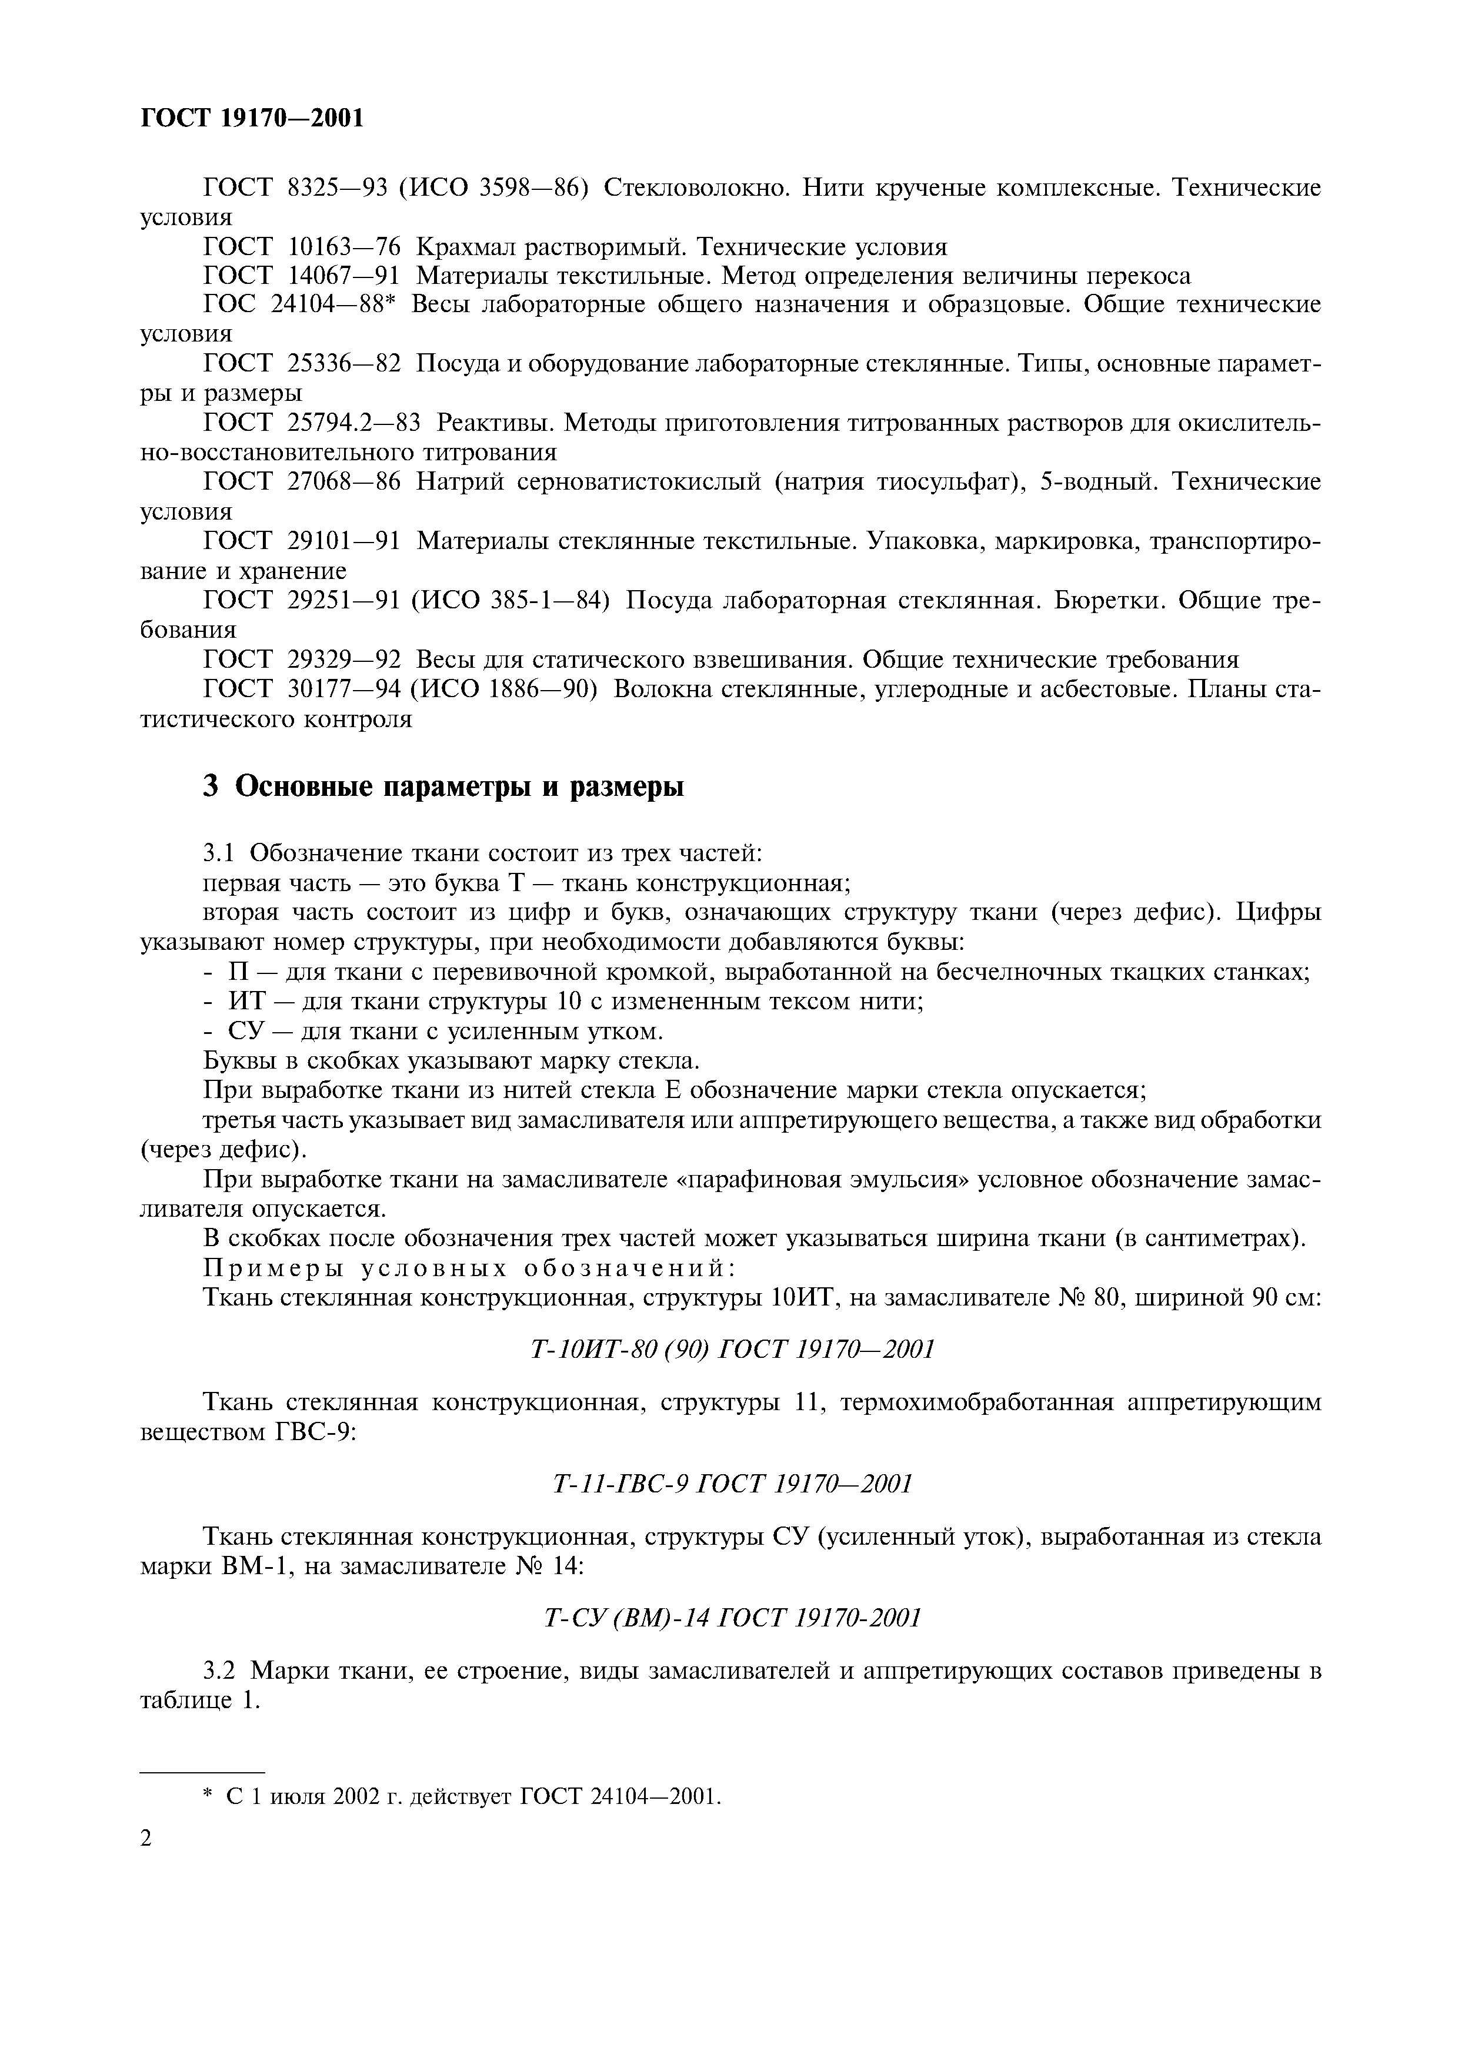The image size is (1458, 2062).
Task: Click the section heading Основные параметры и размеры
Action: coord(459,786)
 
